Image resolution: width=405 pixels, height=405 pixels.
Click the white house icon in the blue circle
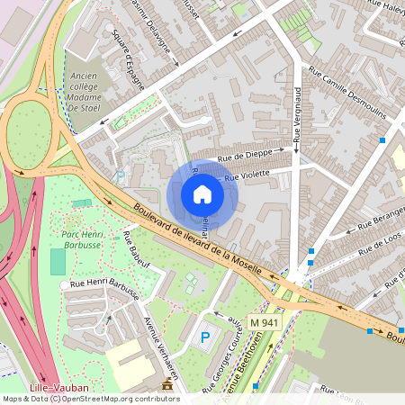pos(202,193)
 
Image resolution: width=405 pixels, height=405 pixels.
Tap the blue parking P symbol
pos(205,338)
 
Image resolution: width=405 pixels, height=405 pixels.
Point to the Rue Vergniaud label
pos(298,112)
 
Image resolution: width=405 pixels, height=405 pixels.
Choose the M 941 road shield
pos(265,322)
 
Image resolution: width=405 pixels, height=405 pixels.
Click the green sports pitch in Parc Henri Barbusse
pos(58,262)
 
